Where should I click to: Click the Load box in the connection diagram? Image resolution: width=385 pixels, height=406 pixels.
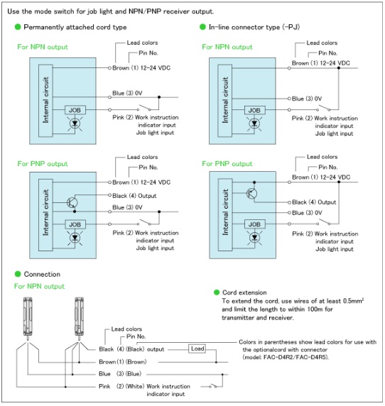click(x=197, y=349)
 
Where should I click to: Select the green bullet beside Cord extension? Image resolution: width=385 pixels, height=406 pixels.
click(x=217, y=292)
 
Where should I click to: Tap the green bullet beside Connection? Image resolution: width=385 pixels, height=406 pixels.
click(x=18, y=274)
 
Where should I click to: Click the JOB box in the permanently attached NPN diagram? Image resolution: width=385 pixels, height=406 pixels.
click(x=75, y=110)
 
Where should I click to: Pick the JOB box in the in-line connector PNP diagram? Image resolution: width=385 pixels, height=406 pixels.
click(x=255, y=224)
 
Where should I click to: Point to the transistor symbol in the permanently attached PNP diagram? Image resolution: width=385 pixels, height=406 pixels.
click(x=72, y=203)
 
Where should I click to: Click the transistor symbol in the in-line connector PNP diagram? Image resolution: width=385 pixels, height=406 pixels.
click(x=251, y=193)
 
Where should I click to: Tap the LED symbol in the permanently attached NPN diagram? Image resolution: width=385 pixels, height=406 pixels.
click(x=75, y=124)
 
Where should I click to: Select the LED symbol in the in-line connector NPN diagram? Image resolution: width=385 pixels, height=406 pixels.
click(x=254, y=124)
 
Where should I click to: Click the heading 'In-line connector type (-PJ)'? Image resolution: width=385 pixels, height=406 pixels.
click(x=254, y=27)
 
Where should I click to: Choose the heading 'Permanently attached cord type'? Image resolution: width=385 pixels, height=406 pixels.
click(x=75, y=27)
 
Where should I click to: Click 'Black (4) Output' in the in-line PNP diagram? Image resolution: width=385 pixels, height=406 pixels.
click(x=314, y=202)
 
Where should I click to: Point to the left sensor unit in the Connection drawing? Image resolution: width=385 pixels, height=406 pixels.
click(x=28, y=319)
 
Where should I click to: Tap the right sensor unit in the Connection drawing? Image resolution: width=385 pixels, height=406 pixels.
click(x=79, y=319)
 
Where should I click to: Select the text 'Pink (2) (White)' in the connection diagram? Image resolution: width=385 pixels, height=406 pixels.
click(x=121, y=386)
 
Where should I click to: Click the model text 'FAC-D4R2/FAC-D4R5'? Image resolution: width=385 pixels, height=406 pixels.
click(x=295, y=357)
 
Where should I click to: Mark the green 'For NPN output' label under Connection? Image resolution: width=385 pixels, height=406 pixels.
click(x=39, y=286)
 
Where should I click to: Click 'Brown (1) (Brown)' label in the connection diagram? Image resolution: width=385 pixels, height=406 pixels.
click(x=123, y=362)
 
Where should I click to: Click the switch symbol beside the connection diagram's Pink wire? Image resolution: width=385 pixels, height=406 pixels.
click(x=213, y=386)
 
